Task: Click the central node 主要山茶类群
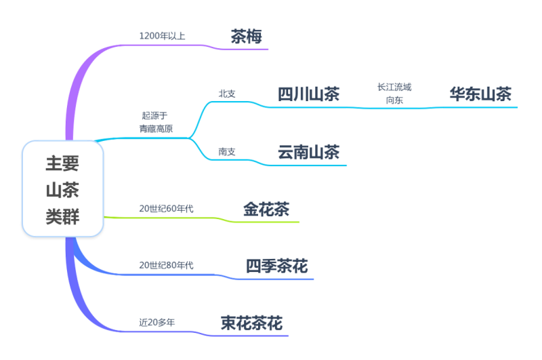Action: (62, 189)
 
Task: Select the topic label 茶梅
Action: (246, 36)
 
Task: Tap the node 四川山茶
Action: (308, 94)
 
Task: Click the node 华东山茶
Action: (480, 94)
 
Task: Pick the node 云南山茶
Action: (308, 153)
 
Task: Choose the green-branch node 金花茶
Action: (266, 209)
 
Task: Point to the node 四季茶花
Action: (276, 266)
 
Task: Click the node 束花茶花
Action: (251, 323)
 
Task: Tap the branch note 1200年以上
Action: (162, 35)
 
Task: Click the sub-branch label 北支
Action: (227, 94)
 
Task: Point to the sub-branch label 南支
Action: (227, 152)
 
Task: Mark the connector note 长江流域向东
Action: (394, 94)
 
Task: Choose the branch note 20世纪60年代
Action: (166, 208)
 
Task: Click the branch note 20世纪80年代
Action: (166, 265)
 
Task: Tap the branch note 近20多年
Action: (157, 323)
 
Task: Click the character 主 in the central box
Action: (54, 163)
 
